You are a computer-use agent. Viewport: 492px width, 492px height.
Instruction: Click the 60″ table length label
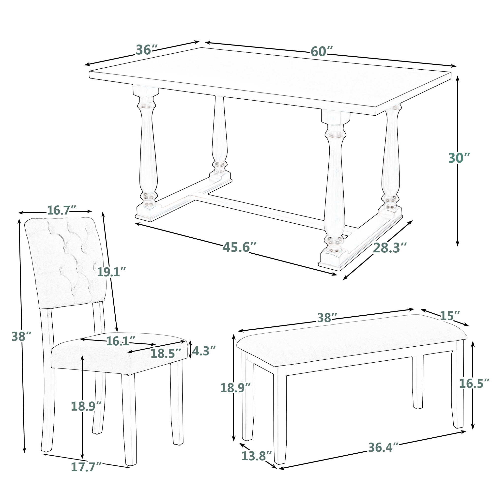(322, 52)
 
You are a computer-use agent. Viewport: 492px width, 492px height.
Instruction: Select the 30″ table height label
(459, 158)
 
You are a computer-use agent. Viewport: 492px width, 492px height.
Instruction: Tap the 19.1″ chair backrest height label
(111, 272)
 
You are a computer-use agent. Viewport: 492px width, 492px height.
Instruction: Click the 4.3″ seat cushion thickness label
(203, 351)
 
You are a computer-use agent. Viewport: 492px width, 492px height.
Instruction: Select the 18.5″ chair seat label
(166, 354)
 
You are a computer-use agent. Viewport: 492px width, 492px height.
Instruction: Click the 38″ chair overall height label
(21, 337)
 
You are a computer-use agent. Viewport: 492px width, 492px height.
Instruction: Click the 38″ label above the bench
(327, 318)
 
